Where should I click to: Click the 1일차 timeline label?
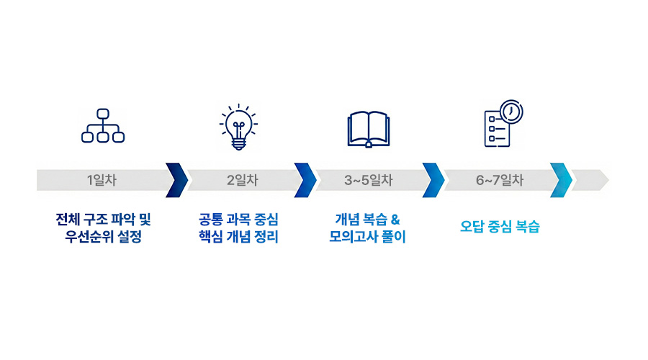[x=102, y=181]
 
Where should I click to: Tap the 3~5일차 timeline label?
[x=368, y=181]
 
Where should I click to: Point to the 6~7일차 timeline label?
[x=500, y=181]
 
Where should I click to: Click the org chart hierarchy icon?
[x=103, y=126]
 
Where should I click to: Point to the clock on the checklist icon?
[x=511, y=112]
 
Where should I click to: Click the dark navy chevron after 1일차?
[x=176, y=180]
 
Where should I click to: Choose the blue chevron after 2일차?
[x=305, y=180]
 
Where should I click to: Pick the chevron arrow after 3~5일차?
[x=433, y=180]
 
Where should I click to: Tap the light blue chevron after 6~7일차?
[x=561, y=180]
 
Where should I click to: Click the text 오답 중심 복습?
[x=500, y=227]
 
